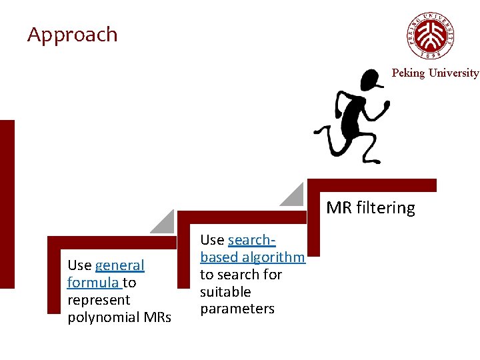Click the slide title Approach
pos(72,35)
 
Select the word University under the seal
pos(453,73)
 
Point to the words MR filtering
pos(371,208)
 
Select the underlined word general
pos(119,265)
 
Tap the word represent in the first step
pos(99,300)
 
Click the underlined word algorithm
pos(273,257)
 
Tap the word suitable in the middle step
pos(225,292)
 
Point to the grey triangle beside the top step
pos(294,195)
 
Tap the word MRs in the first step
pos(157,317)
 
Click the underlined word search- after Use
pos(251,240)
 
